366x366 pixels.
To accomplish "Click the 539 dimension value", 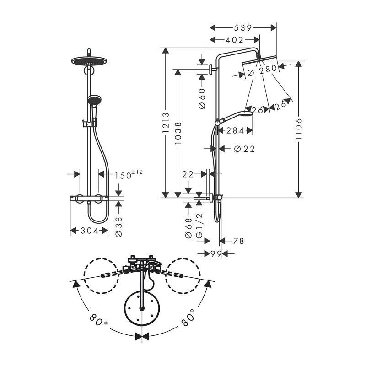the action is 243,28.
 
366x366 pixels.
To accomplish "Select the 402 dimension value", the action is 235,40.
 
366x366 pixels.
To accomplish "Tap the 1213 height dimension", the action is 166,123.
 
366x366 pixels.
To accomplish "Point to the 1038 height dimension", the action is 178,133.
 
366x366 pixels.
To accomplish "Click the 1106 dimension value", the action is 299,129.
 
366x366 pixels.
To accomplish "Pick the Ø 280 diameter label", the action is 262,71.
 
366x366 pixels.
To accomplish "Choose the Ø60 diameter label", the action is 202,98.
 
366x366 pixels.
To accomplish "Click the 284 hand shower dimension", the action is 235,130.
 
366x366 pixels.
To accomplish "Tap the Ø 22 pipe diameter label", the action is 244,149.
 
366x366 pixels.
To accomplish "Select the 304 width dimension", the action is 90,231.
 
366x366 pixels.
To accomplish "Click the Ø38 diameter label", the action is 119,226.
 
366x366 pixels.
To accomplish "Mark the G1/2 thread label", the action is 199,226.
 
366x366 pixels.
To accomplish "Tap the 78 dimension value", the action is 238,241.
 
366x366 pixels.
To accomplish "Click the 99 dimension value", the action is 216,253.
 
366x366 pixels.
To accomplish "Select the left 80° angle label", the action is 98,321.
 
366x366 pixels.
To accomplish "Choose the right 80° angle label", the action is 188,318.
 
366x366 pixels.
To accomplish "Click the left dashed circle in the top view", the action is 101,276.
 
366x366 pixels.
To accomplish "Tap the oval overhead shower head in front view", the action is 89,61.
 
